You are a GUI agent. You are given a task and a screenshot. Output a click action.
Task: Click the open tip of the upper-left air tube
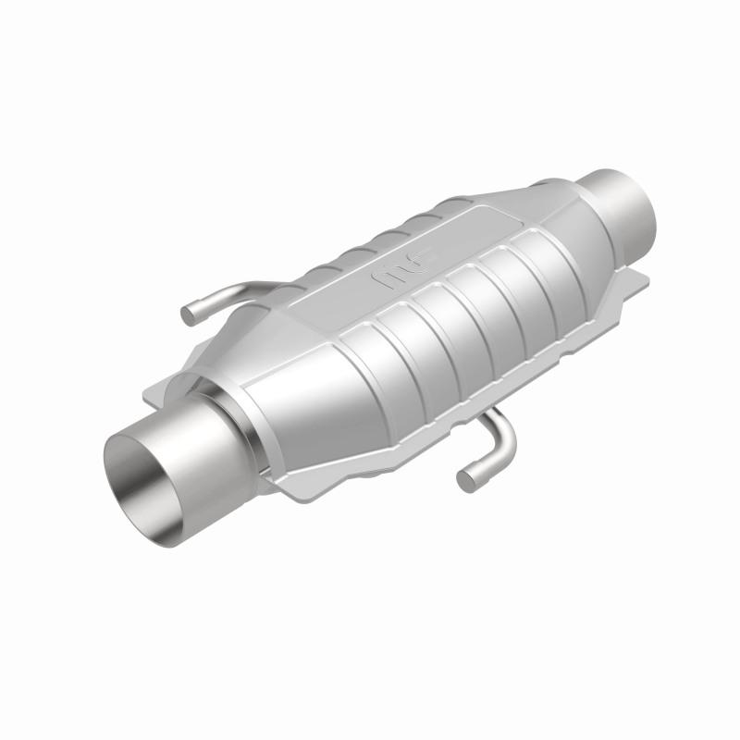coord(189,315)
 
